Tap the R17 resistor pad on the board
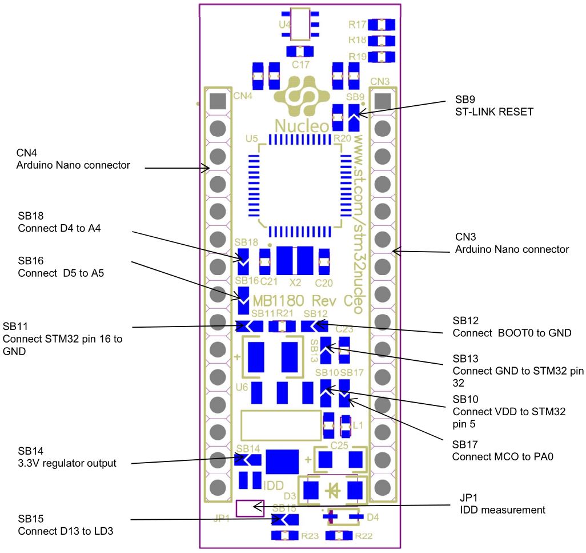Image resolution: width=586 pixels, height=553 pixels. point(382,25)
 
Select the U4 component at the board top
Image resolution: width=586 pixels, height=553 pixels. point(300,25)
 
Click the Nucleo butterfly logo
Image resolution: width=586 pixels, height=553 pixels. point(302,98)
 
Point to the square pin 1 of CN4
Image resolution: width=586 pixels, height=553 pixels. point(218,101)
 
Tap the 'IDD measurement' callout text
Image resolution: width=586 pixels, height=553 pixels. point(502,510)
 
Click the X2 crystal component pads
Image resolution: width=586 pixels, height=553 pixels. point(295,261)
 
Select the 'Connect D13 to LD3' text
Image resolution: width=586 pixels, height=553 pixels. point(65,531)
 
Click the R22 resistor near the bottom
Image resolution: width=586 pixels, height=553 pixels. point(339,536)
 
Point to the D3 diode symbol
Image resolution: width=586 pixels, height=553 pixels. point(334,490)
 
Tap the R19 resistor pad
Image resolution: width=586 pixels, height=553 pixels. point(382,57)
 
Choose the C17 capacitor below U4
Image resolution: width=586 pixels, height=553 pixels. point(300,51)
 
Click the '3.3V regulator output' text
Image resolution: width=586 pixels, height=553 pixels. point(67,463)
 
